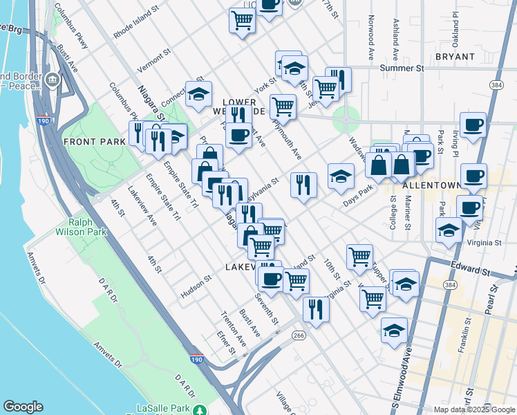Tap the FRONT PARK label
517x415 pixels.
click(94, 141)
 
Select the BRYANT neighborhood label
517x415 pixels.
click(455, 57)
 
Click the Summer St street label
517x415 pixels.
click(402, 68)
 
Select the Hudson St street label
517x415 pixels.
click(196, 286)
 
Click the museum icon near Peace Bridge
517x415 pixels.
click(52, 81)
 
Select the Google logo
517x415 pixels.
click(23, 407)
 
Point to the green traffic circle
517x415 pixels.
click(346, 118)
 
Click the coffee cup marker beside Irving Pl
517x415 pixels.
click(473, 126)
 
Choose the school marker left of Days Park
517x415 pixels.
click(340, 177)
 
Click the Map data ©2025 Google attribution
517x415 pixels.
click(474, 409)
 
